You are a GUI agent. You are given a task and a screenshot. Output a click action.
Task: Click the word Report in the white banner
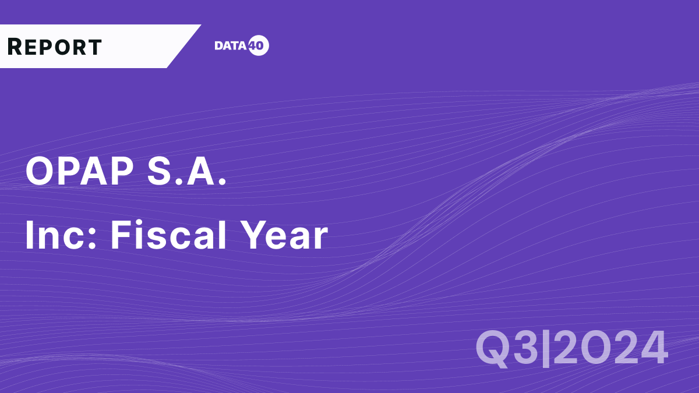[55, 47]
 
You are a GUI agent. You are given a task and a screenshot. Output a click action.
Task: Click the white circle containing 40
[259, 46]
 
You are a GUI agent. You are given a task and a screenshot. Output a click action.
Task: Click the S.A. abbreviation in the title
[188, 172]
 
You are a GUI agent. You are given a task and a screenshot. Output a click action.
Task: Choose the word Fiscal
[167, 236]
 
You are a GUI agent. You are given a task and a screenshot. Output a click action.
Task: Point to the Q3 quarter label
[506, 348]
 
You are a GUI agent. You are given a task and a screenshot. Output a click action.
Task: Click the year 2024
[610, 348]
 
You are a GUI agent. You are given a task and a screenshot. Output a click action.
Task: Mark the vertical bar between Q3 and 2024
[546, 348]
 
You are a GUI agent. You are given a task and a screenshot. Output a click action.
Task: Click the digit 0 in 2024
[595, 348]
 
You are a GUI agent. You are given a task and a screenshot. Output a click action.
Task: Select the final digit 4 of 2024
[652, 348]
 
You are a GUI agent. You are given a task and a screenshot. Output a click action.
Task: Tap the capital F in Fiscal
[121, 236]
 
